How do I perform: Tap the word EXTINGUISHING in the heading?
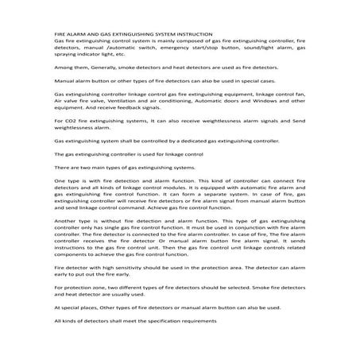pos(134,36)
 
